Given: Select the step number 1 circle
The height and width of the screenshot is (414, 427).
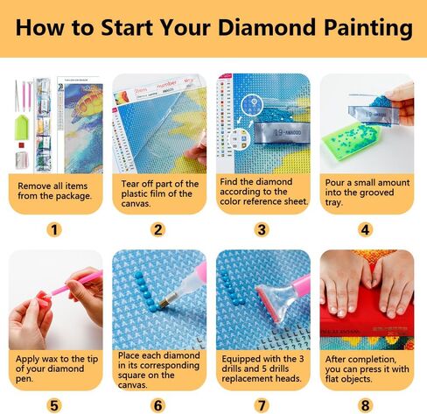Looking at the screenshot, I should click(55, 230).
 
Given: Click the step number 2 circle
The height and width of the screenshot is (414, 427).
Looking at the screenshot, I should click(158, 230).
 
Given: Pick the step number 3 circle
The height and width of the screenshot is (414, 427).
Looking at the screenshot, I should click(262, 230).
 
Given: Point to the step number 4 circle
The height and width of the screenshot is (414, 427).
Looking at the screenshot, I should click(366, 230).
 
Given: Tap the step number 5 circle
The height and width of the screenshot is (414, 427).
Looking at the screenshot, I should click(55, 405).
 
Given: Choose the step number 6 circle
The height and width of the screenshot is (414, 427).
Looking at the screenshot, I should click(158, 405).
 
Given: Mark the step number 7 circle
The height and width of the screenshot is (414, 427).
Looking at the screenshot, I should click(262, 405).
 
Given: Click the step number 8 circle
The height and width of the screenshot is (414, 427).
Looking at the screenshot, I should click(366, 405).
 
